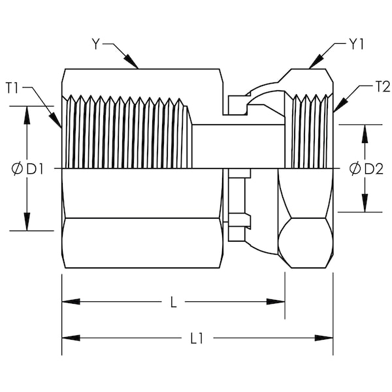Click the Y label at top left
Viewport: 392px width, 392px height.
[95, 44]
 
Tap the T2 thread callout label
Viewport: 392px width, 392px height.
[383, 88]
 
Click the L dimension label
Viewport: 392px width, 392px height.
[173, 302]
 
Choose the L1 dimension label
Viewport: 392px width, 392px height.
[197, 338]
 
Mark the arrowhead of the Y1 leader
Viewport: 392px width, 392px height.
[316, 61]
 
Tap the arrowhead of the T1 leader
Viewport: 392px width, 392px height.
[56, 120]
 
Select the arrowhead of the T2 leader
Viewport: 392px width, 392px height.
[340, 105]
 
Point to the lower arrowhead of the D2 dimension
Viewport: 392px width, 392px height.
[365, 203]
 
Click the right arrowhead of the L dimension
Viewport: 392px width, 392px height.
[276, 301]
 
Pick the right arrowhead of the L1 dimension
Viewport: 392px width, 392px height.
[324, 338]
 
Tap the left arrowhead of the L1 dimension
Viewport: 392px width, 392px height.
[71, 338]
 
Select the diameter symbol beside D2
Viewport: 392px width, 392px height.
[355, 169]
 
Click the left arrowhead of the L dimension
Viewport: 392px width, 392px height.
[71, 301]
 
